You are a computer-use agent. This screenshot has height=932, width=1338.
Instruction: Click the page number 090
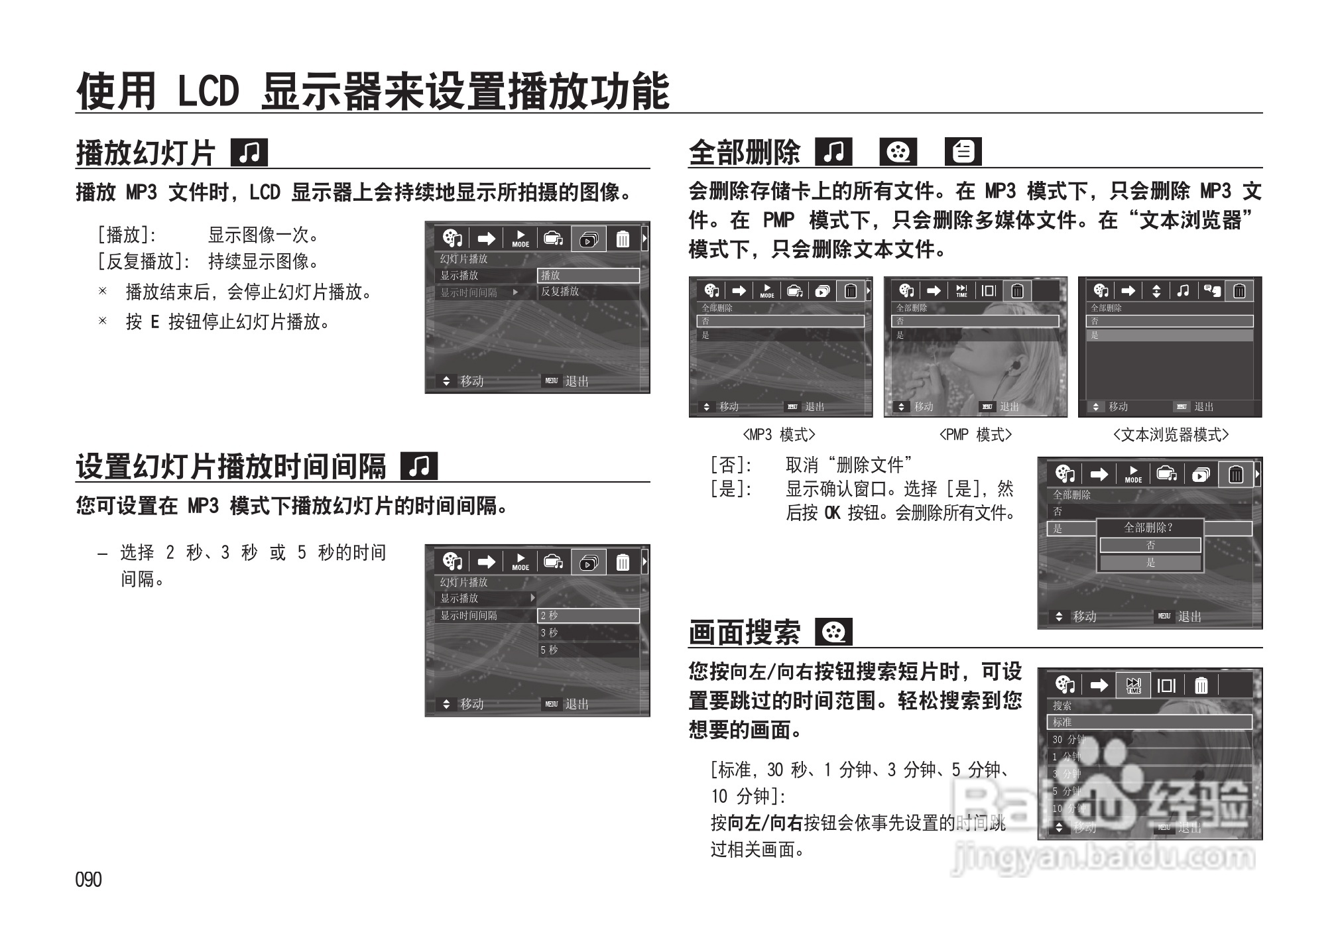coord(88,880)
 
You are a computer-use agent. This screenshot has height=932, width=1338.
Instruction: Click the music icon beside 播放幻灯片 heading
coord(249,152)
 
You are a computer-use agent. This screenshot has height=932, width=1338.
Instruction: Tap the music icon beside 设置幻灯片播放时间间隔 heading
coord(419,466)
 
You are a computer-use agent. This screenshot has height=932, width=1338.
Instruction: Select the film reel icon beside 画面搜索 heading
coord(833,632)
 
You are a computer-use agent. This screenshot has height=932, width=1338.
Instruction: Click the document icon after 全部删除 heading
coord(963,152)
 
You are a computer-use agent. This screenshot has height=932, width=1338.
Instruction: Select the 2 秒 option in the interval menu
coord(587,615)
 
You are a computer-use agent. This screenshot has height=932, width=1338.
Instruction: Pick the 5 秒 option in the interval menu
coord(587,650)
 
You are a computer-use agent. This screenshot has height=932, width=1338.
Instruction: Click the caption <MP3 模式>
coord(778,435)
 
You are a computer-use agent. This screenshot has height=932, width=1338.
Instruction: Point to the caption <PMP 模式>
coord(975,435)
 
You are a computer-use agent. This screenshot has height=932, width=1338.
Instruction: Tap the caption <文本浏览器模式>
coord(1170,435)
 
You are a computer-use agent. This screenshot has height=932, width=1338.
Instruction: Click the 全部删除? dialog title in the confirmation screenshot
coord(1148,528)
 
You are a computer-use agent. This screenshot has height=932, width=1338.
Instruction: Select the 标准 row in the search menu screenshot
coord(1148,722)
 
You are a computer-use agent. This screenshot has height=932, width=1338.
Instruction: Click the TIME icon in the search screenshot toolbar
coord(1134,685)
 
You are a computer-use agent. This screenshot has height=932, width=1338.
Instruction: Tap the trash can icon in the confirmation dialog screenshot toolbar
coord(1236,475)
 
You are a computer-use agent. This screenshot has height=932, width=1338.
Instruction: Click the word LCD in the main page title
coord(208,91)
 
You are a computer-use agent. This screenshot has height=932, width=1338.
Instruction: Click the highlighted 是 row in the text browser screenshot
coord(1169,335)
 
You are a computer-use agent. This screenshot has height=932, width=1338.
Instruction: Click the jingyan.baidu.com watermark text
coord(1102,858)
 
